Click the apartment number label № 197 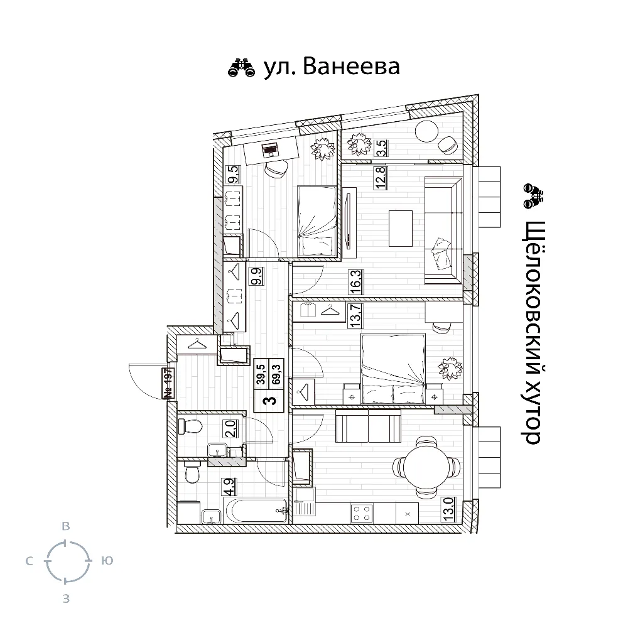pos(168,383)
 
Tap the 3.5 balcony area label pos(381,148)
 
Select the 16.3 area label pos(357,282)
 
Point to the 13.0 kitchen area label pos(448,509)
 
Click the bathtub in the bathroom pos(256,511)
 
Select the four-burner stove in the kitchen pos(361,513)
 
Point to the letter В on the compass pos(66,526)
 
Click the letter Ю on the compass pos(107,561)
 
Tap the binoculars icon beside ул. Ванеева pos(242,67)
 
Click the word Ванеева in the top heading pos(351,67)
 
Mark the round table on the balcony pos(426,131)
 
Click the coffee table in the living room pos(401,229)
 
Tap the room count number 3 pos(271,399)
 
